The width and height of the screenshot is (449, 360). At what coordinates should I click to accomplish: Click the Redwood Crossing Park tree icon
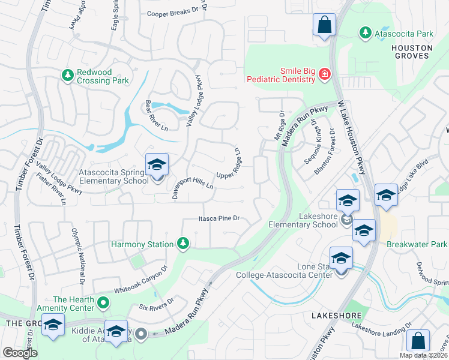point(67,76)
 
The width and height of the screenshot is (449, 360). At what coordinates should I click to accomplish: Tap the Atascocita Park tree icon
point(364,33)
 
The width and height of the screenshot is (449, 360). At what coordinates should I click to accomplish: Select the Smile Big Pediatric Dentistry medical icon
point(324,74)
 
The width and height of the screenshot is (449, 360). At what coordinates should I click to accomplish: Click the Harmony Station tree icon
point(183,243)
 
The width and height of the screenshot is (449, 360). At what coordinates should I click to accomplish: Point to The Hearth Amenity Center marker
point(103,304)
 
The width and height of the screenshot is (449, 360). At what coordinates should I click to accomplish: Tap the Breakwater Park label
point(417,244)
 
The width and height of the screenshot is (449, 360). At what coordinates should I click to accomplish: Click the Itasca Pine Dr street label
point(219,219)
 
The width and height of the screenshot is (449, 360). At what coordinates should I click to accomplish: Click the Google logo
point(20,352)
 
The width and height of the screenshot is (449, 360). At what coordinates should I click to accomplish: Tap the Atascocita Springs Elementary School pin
point(157,165)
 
